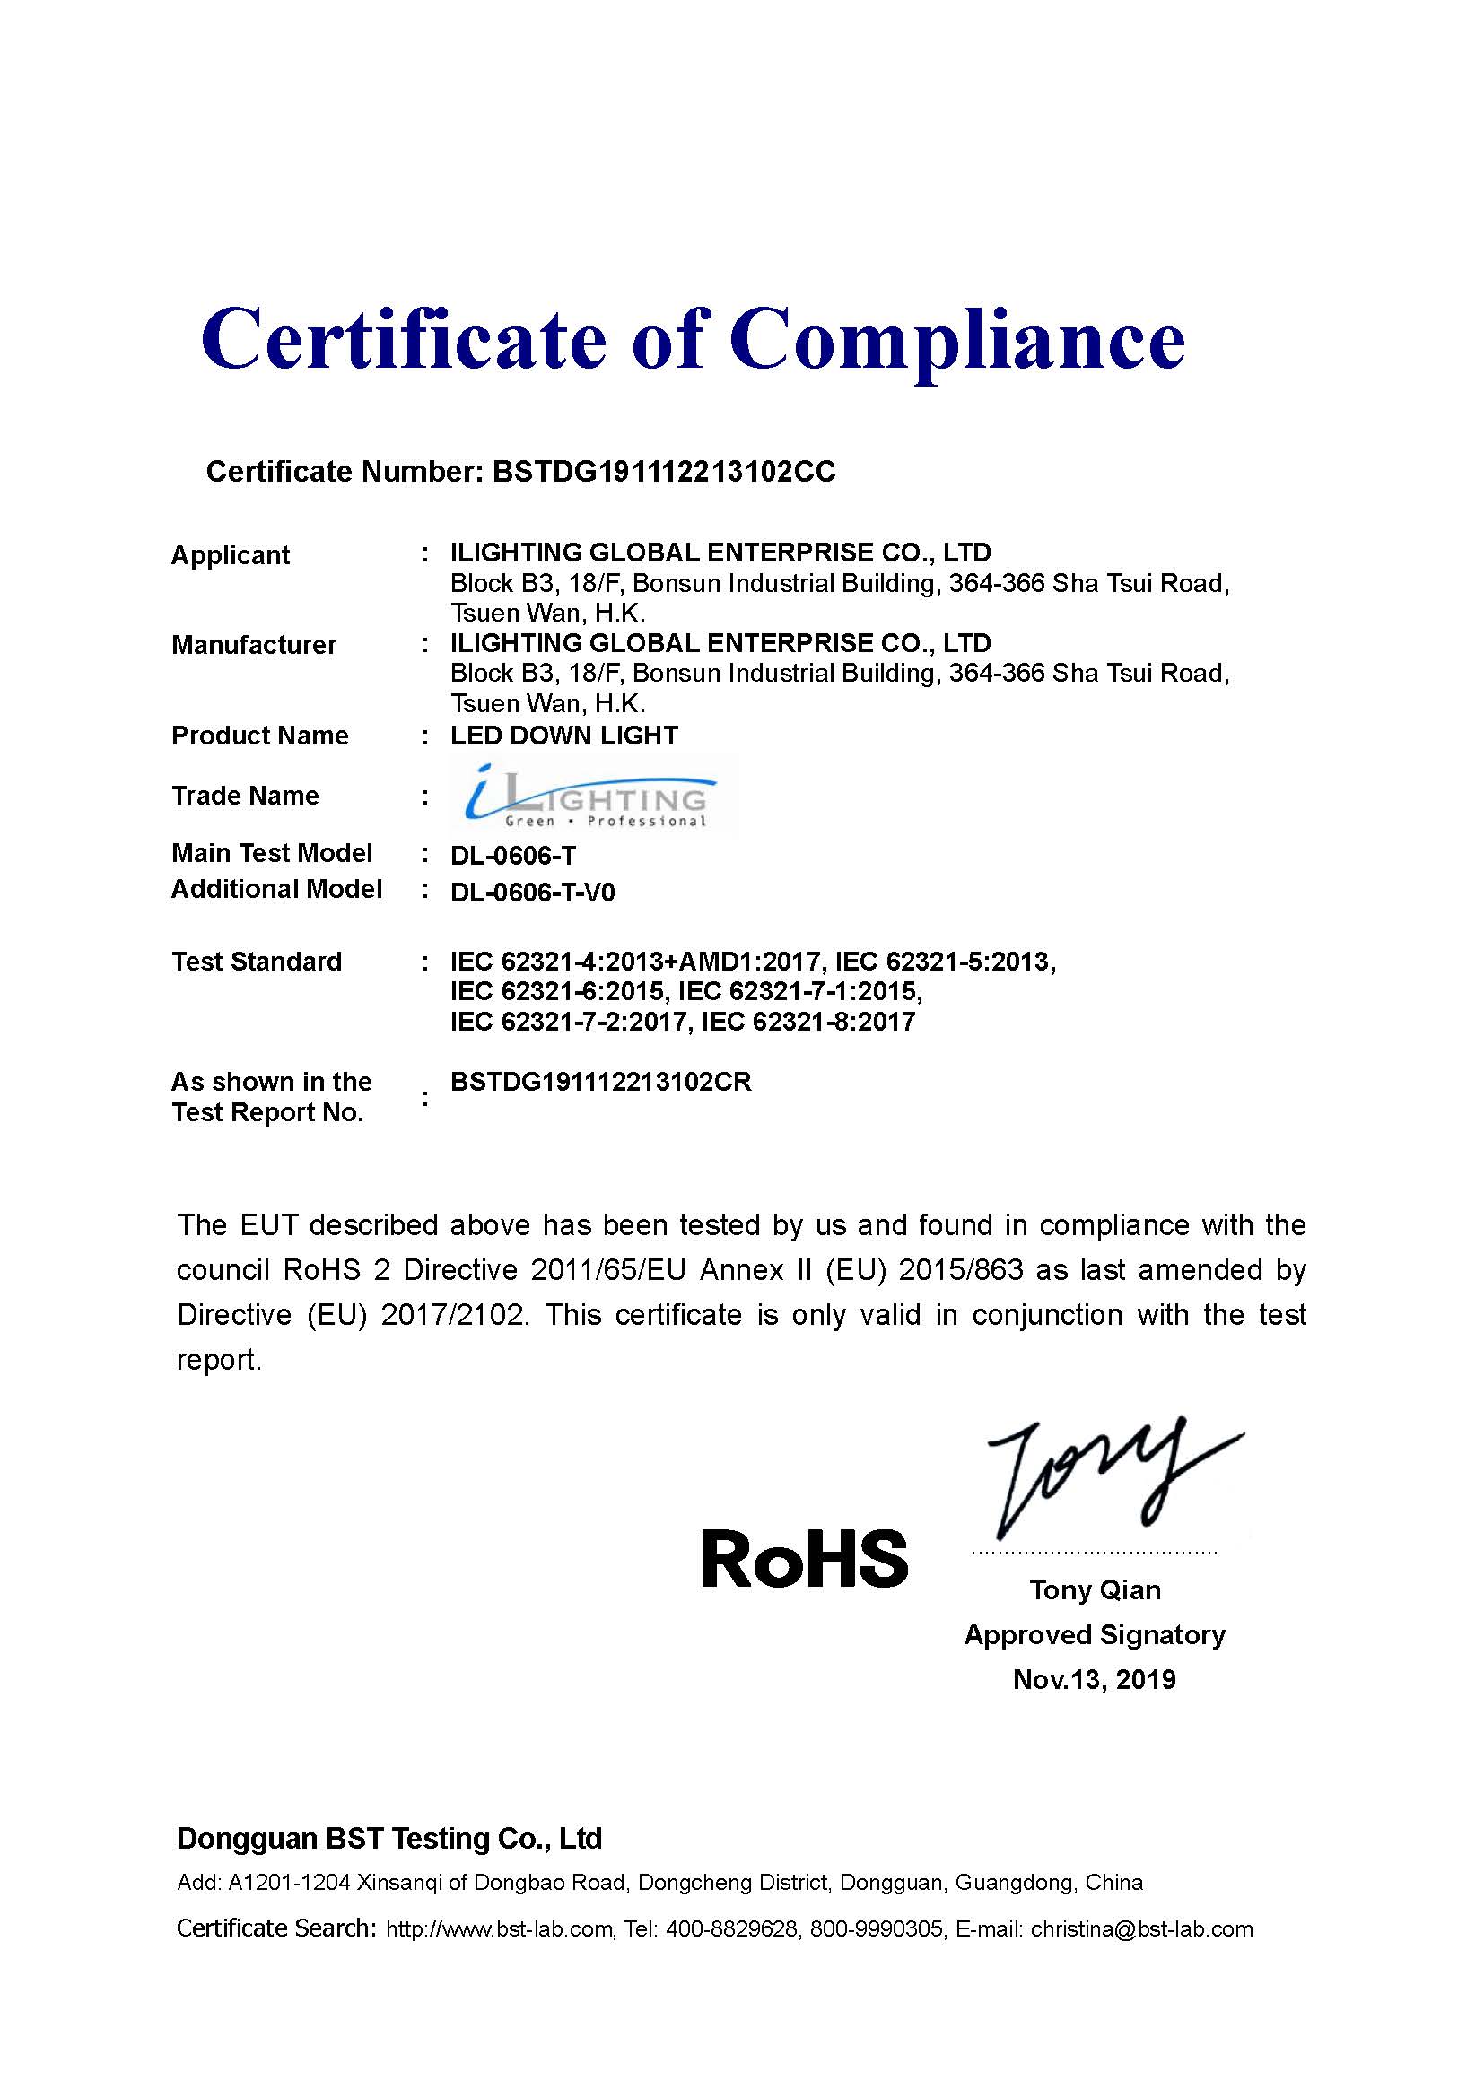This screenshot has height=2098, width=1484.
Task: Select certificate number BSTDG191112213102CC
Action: coord(663,472)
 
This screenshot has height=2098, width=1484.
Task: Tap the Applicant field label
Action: coord(231,554)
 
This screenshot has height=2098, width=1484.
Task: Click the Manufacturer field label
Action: coord(254,645)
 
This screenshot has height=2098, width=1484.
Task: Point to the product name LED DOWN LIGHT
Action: coord(563,736)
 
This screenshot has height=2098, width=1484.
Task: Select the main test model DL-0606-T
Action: coord(512,856)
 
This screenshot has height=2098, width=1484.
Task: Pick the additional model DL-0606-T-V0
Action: coord(532,892)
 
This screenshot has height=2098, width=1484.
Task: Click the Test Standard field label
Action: coord(257,962)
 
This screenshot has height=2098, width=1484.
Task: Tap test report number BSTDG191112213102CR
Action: coord(600,1082)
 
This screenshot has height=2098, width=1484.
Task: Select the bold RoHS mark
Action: coord(804,1559)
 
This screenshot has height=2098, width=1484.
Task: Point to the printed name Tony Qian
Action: coord(1095,1590)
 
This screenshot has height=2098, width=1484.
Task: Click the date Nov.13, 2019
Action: coord(1094,1679)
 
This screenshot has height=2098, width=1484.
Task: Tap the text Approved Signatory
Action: coord(1094,1635)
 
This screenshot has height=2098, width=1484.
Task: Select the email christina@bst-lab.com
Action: coord(1141,1929)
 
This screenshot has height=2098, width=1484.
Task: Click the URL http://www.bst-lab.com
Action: coord(499,1929)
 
